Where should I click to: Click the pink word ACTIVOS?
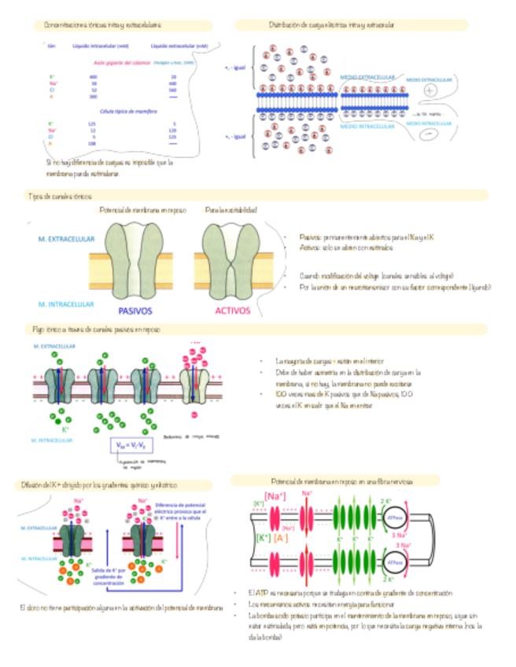click(x=233, y=310)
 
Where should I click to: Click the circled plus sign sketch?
click(x=429, y=91)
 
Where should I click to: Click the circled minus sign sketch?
click(x=429, y=135)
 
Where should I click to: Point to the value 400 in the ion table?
click(x=94, y=76)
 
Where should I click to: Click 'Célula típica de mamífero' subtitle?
click(x=118, y=112)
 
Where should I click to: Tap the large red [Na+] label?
click(x=276, y=496)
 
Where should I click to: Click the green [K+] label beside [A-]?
click(x=260, y=538)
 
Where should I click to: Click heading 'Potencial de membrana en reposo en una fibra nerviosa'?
click(x=338, y=480)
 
